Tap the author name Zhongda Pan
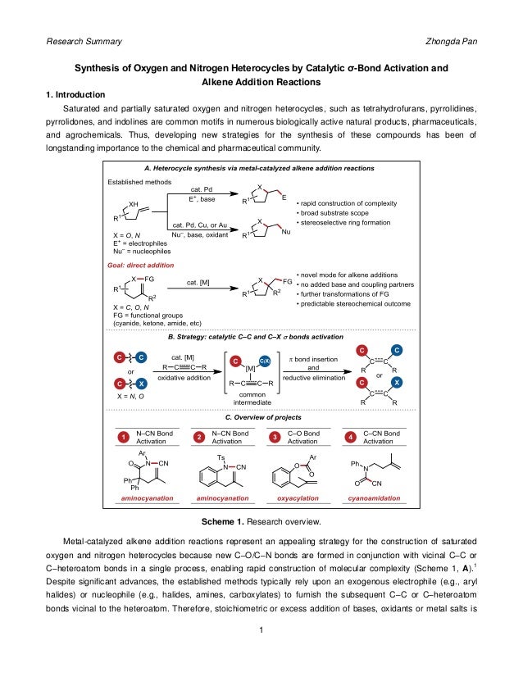click(448, 40)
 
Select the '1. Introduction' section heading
click(80, 94)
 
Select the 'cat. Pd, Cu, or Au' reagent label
click(202, 224)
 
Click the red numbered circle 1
click(122, 436)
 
